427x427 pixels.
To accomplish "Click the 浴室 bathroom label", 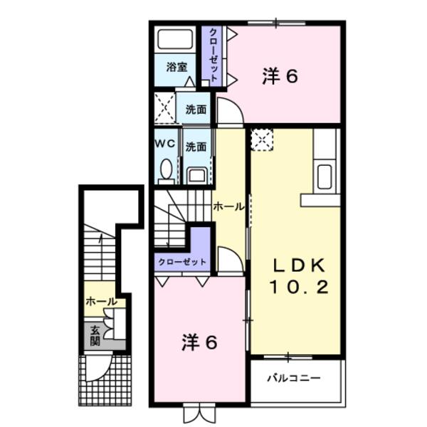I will point(176,68).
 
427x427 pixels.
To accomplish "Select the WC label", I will point(165,142).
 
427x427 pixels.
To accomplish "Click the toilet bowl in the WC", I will point(167,169).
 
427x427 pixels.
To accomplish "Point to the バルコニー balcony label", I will point(293,378).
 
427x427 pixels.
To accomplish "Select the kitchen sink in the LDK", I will point(324,176).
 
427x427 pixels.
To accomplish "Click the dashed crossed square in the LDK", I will point(261,139).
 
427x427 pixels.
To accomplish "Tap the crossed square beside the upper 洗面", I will point(164,109).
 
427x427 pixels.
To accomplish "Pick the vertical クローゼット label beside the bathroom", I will point(213,56).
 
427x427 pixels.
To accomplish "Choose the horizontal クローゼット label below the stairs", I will point(182,262).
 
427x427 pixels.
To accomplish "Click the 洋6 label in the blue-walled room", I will point(279,76).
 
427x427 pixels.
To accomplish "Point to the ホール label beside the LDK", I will point(228,206).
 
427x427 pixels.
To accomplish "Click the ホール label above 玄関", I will point(100,302).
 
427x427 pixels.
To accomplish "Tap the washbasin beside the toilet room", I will point(197,174).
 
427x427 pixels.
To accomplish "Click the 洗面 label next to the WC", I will point(196,147).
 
